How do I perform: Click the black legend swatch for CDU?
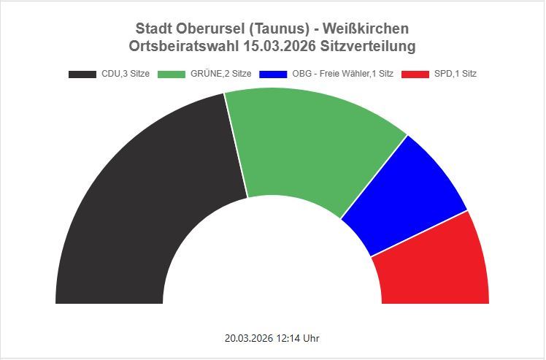tap(82, 74)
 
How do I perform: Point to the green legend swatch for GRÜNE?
tap(173, 74)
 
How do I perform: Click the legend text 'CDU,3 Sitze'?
tap(126, 74)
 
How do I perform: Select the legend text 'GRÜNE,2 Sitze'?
tap(221, 74)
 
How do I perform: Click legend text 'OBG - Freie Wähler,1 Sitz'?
tap(342, 74)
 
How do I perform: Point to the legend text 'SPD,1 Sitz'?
tap(455, 74)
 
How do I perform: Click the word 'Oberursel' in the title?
tap(210, 28)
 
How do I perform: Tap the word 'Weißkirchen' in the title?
tap(366, 28)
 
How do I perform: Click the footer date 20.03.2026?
tap(247, 339)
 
